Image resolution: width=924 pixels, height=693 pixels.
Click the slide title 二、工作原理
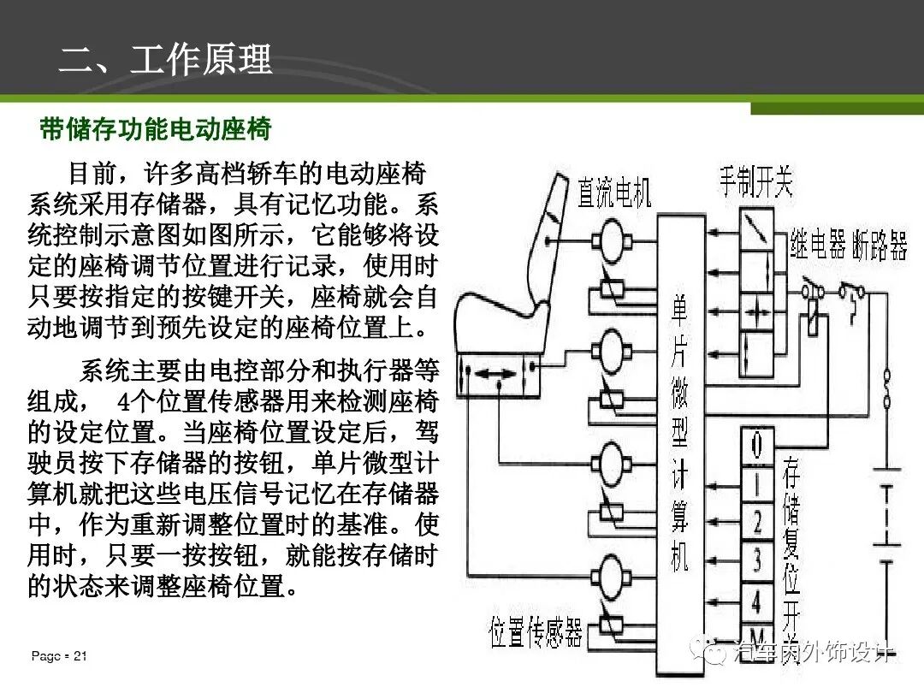click(165, 60)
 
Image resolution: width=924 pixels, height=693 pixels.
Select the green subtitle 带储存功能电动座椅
click(156, 129)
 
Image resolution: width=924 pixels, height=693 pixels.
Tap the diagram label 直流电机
click(613, 193)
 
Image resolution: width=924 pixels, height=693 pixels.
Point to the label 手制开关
click(755, 181)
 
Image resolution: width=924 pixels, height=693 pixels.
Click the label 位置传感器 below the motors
click(536, 633)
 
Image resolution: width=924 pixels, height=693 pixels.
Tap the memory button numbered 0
click(756, 446)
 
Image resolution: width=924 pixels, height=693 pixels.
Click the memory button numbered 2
click(756, 520)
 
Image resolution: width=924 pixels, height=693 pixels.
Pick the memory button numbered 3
click(756, 560)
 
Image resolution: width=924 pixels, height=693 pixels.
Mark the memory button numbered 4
click(756, 601)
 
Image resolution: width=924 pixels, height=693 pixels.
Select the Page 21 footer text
click(59, 656)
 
